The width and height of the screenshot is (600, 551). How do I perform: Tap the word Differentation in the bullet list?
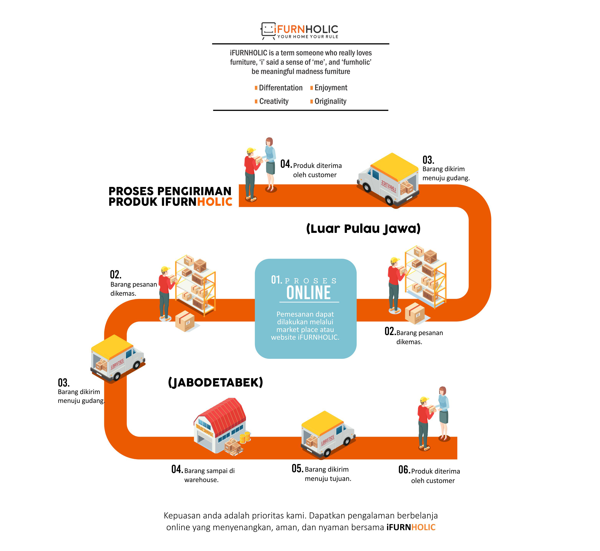[281, 88]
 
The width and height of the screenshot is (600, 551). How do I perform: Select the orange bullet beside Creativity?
[256, 102]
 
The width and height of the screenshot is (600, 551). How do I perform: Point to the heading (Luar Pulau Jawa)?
[363, 229]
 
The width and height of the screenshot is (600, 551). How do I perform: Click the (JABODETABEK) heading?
[215, 383]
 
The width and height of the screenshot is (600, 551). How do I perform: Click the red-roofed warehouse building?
[220, 425]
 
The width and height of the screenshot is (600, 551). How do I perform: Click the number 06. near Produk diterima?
[404, 470]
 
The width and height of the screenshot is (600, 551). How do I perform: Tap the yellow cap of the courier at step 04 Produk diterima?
[251, 150]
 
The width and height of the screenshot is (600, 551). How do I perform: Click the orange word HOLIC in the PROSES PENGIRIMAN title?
[215, 202]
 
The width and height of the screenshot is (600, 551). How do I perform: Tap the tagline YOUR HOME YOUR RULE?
[308, 37]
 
